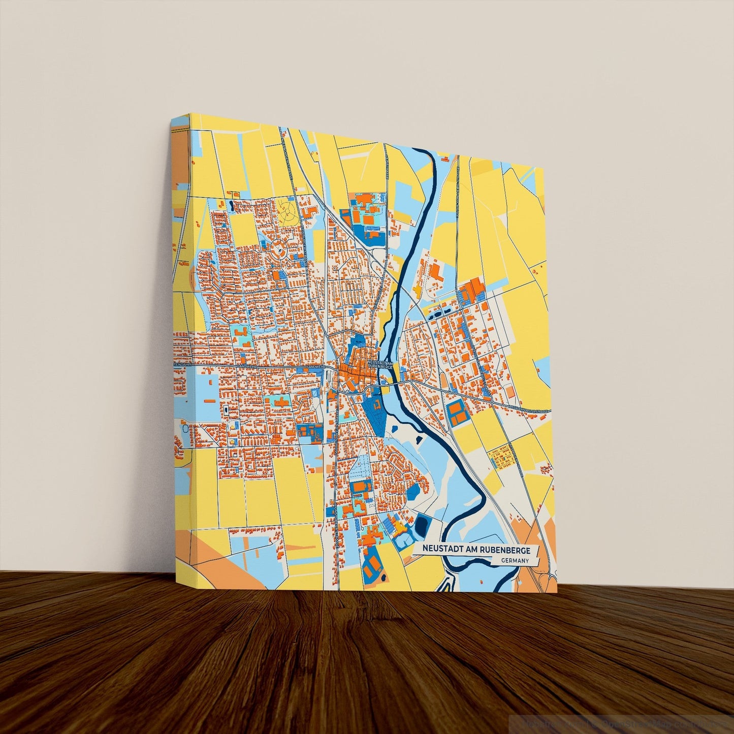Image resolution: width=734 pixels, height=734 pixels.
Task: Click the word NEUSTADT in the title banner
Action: click(441, 550)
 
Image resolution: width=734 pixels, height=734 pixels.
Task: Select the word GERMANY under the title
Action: click(514, 561)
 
